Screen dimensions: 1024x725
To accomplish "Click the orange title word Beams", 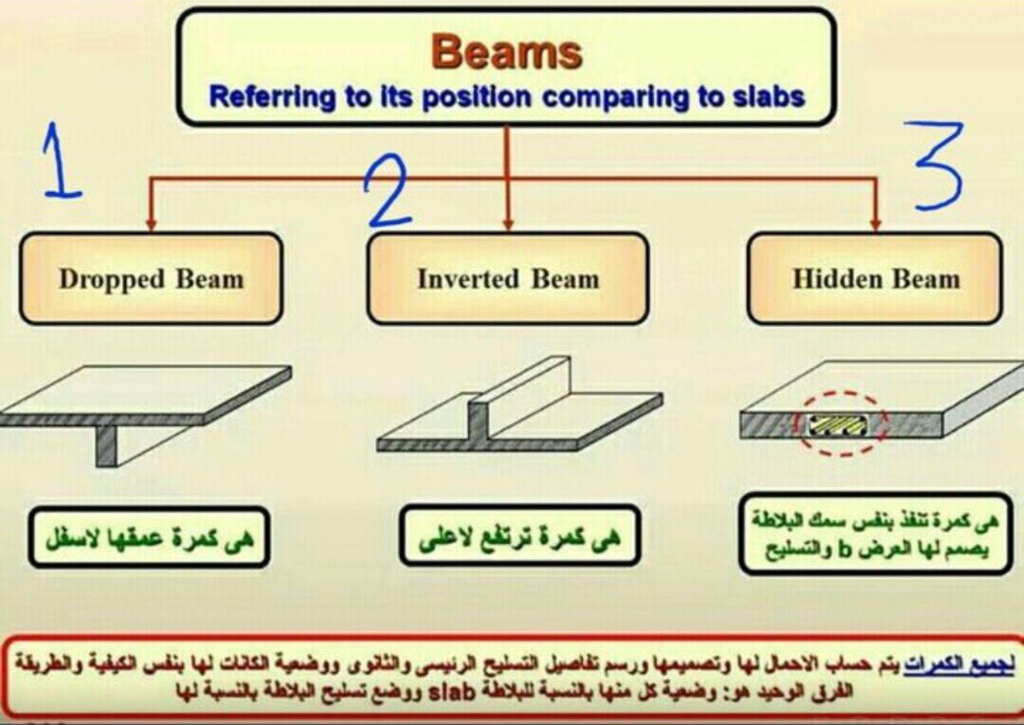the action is click(x=506, y=54).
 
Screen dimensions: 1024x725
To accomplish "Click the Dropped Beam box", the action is click(x=151, y=278).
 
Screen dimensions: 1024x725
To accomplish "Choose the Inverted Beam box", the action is click(x=507, y=278).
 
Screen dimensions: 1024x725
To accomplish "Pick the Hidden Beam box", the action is click(x=876, y=278).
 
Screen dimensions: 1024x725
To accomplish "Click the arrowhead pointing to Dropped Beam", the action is click(x=152, y=226).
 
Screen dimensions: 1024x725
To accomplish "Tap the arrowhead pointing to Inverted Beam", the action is click(x=508, y=226).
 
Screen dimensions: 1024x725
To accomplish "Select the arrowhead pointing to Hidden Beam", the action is click(x=876, y=226).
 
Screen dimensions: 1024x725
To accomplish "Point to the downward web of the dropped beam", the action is click(x=106, y=446).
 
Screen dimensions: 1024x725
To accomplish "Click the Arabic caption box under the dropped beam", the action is click(x=149, y=537).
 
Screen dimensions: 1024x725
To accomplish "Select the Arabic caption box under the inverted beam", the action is click(x=519, y=536).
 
